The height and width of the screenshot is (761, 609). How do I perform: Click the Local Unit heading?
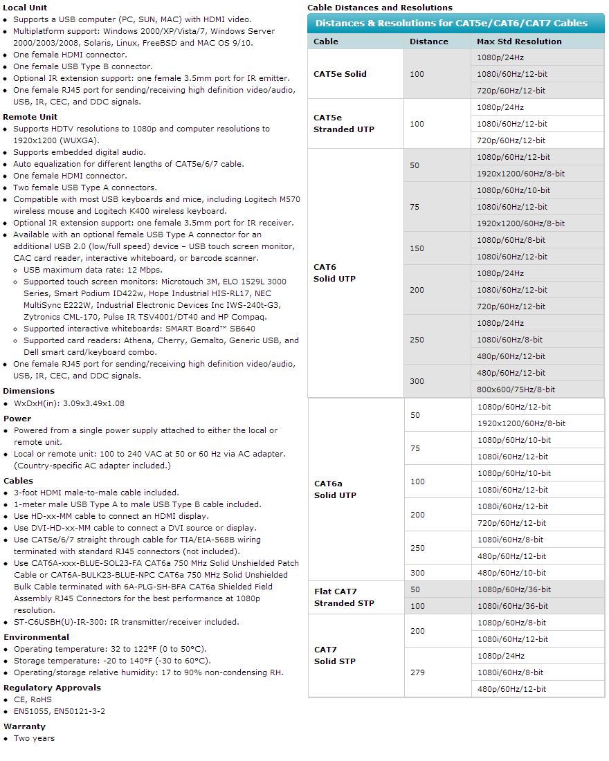point(25,8)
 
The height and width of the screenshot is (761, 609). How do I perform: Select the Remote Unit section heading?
point(30,117)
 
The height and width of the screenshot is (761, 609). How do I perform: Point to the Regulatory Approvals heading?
point(52,688)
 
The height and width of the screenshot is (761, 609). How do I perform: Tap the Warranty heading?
point(24,726)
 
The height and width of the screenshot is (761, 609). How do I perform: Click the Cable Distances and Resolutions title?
point(379,8)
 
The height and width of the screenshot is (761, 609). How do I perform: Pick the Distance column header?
point(428,42)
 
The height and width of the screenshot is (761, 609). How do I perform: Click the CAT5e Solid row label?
point(340,74)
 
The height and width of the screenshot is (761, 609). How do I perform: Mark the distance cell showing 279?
point(417,672)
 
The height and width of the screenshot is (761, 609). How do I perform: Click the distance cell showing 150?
point(417,248)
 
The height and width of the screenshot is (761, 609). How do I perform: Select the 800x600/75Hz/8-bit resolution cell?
point(516,389)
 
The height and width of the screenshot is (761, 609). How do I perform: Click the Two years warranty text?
point(34,738)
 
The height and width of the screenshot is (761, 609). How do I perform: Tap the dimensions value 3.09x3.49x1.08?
point(69,403)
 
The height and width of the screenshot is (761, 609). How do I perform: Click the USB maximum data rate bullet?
point(93,270)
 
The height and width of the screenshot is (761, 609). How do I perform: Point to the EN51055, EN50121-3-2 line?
point(60,711)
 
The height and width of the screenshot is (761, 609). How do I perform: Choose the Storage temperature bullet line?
point(110,661)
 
